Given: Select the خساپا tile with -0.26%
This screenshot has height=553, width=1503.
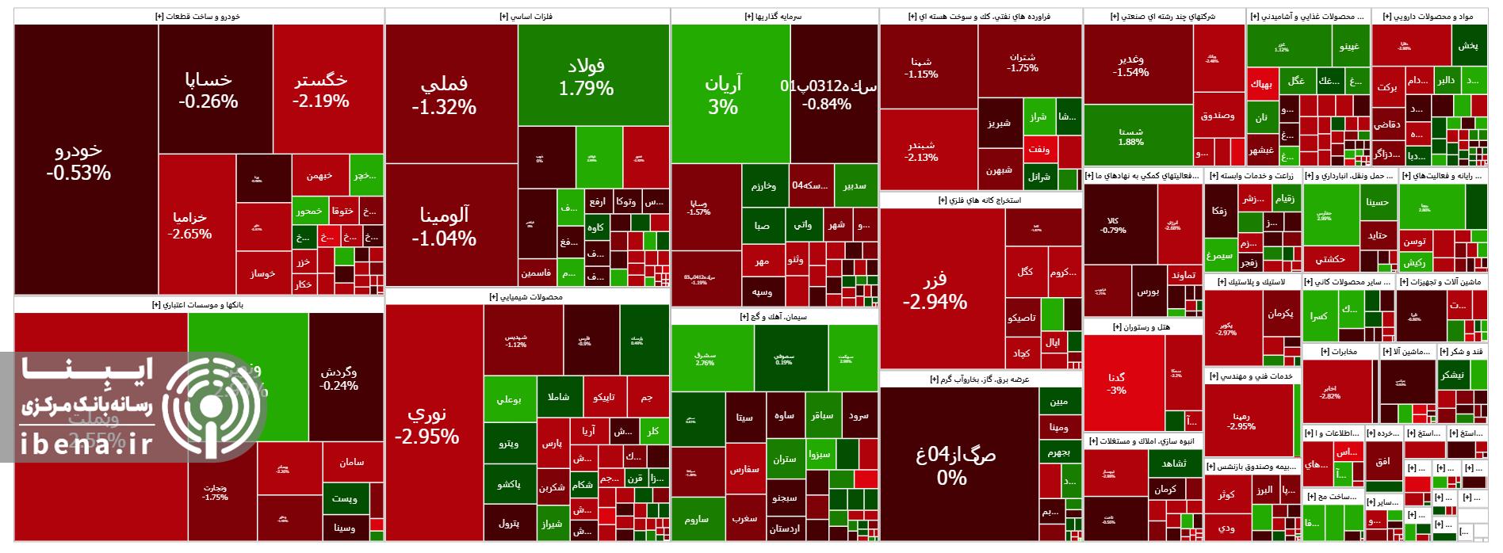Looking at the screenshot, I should pyautogui.click(x=208, y=90).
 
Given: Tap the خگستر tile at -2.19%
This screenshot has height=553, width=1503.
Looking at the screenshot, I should pyautogui.click(x=320, y=90).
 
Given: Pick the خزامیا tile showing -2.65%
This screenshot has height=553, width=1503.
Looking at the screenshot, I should pyautogui.click(x=190, y=225).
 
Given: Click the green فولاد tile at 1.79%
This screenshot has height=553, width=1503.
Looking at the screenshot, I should pyautogui.click(x=586, y=77).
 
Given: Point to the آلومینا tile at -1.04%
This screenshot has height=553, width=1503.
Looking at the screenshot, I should pyautogui.click(x=444, y=226).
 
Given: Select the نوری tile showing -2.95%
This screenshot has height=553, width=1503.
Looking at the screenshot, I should pyautogui.click(x=426, y=425).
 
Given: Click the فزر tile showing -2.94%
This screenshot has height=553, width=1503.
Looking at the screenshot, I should pyautogui.click(x=935, y=289).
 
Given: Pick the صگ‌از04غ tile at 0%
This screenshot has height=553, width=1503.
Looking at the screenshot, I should pyautogui.click(x=952, y=466).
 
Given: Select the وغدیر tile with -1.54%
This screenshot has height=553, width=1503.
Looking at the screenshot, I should pyautogui.click(x=1131, y=65).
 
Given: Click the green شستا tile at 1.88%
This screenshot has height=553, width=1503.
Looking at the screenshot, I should pyautogui.click(x=1131, y=136).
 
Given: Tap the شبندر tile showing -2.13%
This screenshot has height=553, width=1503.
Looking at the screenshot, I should pyautogui.click(x=921, y=151).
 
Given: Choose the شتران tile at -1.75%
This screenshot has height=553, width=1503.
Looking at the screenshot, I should pyautogui.click(x=1023, y=62).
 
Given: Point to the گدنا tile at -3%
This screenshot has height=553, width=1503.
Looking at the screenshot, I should pyautogui.click(x=1117, y=383).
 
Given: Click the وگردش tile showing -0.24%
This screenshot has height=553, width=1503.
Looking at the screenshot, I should pyautogui.click(x=338, y=379).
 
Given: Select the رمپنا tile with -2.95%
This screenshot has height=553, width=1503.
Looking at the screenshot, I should pyautogui.click(x=1241, y=421).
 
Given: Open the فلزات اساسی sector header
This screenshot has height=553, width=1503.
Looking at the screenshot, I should pyautogui.click(x=527, y=16).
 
